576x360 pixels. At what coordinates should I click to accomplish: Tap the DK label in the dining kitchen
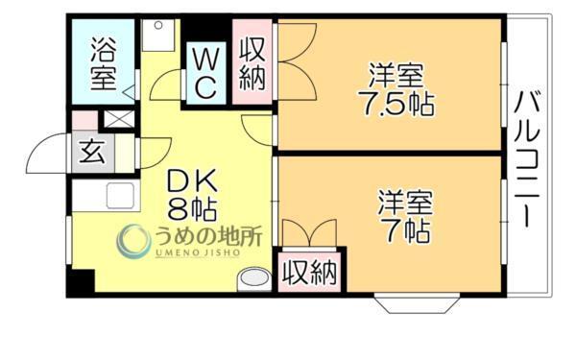click(195, 180)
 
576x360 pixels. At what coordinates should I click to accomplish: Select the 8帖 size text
click(194, 208)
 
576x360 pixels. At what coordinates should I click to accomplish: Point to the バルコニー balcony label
click(527, 157)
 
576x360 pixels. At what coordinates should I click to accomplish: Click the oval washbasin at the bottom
click(255, 278)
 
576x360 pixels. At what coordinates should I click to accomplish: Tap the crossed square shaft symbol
click(119, 121)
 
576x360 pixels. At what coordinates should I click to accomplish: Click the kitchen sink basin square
click(119, 195)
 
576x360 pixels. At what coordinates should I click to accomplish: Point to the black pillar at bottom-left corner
click(81, 282)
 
